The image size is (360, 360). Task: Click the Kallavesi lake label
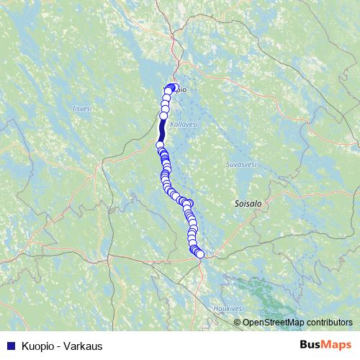coord(184,125)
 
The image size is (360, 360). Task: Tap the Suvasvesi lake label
coord(242,164)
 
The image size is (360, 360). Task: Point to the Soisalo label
coord(248,204)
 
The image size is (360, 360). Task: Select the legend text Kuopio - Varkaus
coord(63,346)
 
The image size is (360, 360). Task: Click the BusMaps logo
coord(325,345)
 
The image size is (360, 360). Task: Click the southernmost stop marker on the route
coord(199,253)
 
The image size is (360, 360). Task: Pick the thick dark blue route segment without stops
coord(162,130)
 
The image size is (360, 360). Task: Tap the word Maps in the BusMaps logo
coord(338,345)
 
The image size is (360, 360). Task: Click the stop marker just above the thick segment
coord(163,115)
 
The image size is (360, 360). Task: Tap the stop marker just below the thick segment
coord(160,145)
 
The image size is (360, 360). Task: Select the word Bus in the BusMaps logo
coord(311,345)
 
